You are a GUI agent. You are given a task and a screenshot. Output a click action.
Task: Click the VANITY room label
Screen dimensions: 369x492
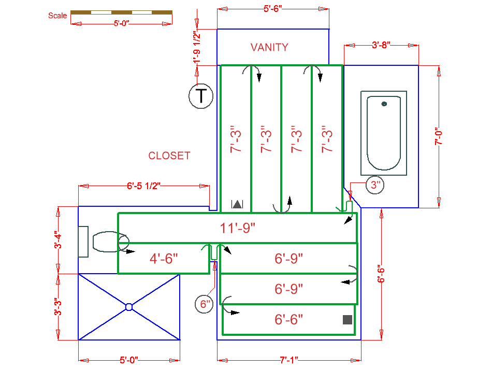269,47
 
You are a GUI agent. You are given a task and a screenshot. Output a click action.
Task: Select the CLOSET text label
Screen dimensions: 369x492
169,155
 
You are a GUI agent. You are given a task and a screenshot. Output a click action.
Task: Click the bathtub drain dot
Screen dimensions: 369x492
384,104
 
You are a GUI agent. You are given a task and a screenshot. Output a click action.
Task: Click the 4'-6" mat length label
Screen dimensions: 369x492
164,258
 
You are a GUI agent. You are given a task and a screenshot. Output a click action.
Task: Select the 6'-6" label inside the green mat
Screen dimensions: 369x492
288,319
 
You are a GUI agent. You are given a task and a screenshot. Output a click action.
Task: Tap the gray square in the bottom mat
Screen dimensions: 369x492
348,320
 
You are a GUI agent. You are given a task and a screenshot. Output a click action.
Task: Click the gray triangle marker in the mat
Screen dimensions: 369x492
237,204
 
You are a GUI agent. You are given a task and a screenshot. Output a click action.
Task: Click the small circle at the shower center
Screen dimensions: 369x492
129,307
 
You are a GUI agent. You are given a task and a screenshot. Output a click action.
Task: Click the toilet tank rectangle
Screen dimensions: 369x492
83,241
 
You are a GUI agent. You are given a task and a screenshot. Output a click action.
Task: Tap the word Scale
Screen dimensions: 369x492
57,16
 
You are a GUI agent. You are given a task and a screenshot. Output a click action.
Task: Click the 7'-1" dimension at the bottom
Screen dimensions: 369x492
289,359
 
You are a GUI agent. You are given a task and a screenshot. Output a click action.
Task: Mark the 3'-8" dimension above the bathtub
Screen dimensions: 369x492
381,46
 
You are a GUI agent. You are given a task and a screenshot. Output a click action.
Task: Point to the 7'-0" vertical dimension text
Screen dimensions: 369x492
439,137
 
